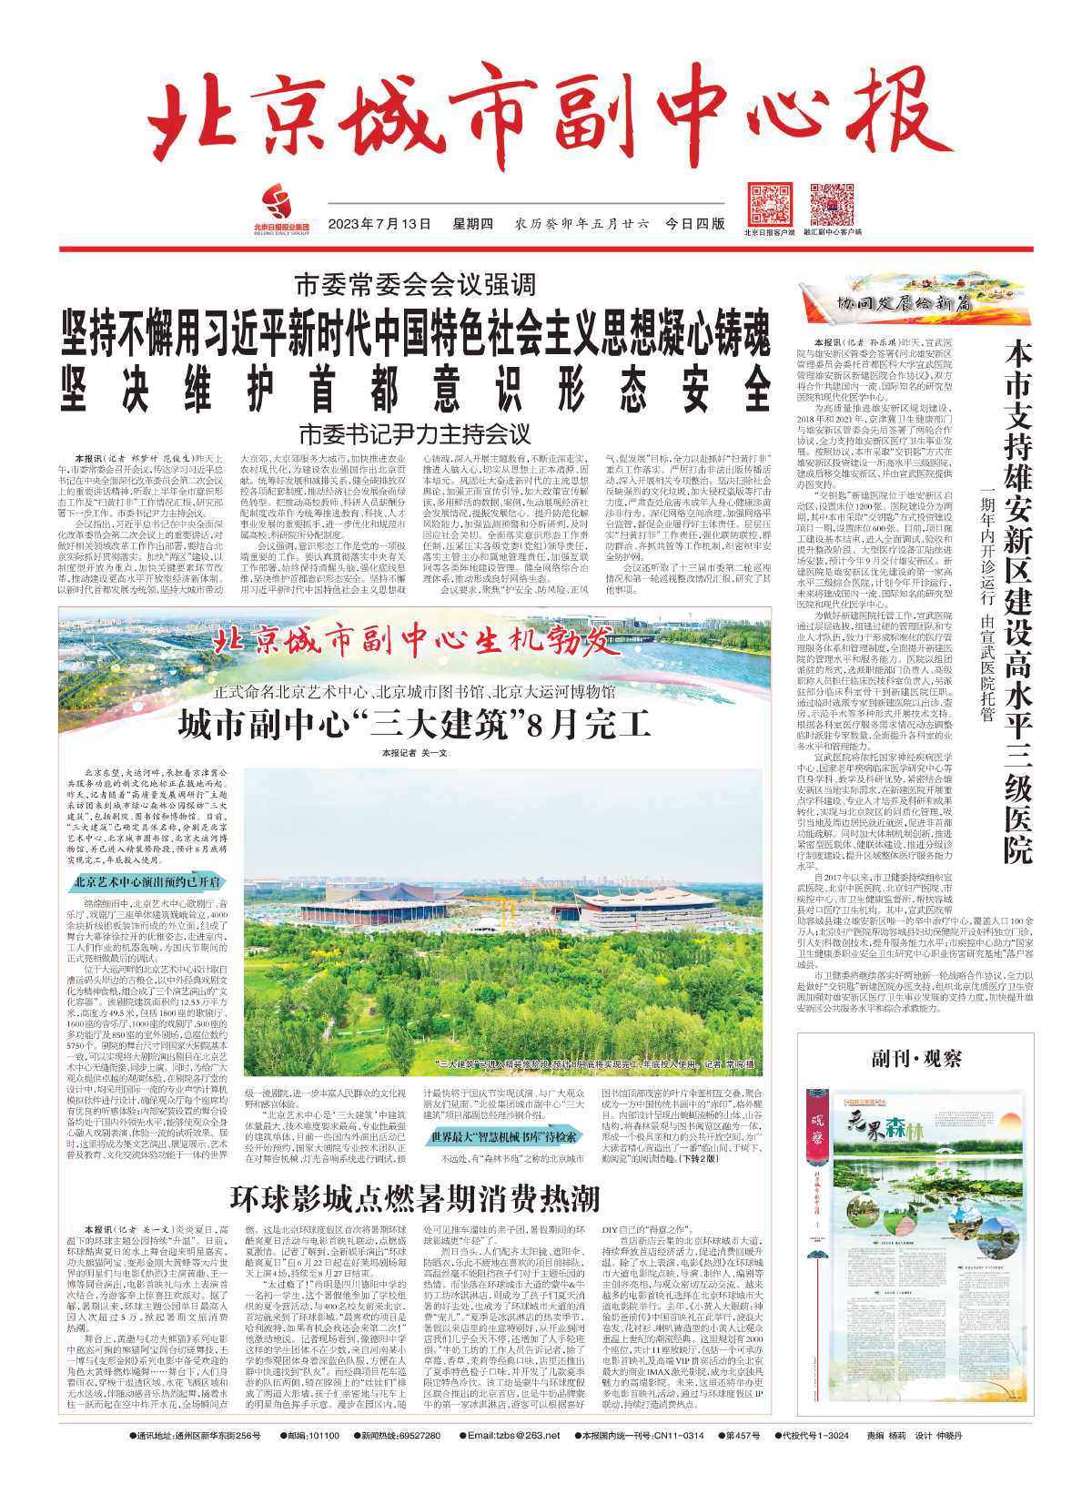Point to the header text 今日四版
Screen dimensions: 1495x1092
click(x=696, y=224)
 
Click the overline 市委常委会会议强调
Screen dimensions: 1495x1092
click(x=415, y=285)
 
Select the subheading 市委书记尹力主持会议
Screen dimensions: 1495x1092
click(x=415, y=433)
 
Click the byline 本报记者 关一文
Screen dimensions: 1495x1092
click(x=414, y=753)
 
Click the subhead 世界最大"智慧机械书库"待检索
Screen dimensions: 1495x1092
click(x=504, y=1137)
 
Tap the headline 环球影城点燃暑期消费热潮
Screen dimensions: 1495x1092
click(x=414, y=1199)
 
